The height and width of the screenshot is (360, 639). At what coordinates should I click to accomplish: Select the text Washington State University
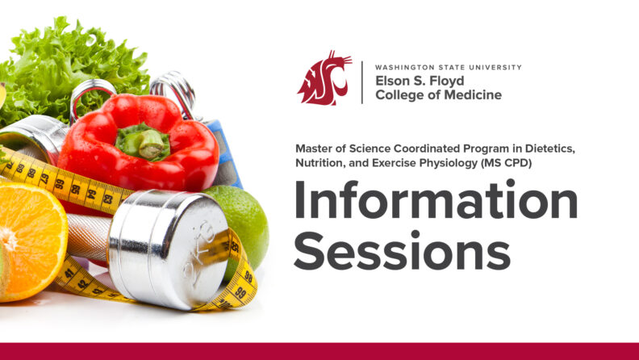click(x=448, y=67)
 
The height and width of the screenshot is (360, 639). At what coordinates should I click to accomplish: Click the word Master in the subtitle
click(x=315, y=149)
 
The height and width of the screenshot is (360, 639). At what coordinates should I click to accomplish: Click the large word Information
click(x=436, y=202)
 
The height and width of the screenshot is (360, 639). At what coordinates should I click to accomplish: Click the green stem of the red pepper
click(x=145, y=143)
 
